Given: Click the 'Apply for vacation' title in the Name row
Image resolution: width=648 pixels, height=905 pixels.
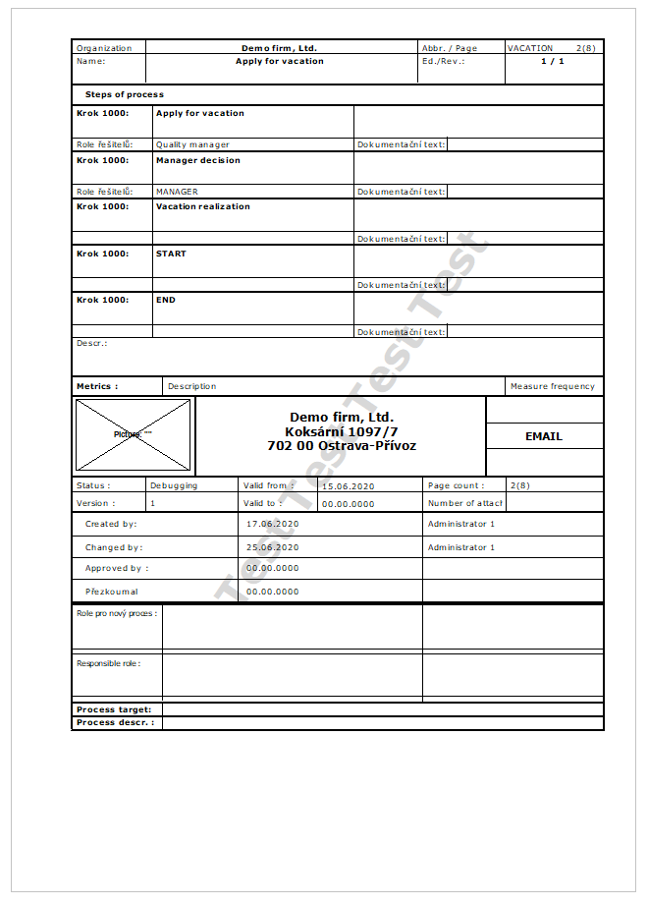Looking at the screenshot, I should (279, 61).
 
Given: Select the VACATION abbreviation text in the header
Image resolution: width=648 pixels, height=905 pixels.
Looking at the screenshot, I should (530, 47).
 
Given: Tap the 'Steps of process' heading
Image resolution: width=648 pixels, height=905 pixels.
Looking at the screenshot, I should (124, 94).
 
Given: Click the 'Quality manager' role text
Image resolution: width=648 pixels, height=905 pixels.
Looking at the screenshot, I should (192, 144).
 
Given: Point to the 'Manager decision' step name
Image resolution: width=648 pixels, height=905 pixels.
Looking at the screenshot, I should (197, 160).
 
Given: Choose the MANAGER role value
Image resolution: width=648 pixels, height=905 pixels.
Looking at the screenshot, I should (177, 192).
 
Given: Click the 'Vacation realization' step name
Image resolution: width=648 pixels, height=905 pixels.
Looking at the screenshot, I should (202, 206).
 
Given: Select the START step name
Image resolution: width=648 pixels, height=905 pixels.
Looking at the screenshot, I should (171, 254).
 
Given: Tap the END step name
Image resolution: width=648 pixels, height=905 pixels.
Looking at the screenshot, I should (165, 300).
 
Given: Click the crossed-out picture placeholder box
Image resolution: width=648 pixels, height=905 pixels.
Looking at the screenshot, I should (134, 434).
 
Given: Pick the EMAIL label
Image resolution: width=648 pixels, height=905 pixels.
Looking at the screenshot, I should (544, 436).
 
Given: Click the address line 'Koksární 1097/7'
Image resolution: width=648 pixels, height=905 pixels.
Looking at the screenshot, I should (342, 431).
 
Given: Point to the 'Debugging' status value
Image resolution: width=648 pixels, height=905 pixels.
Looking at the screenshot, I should (173, 485).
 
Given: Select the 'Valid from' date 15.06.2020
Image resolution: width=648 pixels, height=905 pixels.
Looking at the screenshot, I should (348, 485).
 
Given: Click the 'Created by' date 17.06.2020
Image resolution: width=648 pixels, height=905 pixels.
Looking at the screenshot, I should (272, 524).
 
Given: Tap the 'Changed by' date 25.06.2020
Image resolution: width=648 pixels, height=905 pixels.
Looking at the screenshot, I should (272, 547).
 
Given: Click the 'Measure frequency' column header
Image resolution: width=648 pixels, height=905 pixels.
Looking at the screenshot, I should (552, 386).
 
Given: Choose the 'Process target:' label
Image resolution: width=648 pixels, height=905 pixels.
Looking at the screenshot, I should (114, 709).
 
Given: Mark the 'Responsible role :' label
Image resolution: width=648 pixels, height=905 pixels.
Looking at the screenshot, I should (108, 663).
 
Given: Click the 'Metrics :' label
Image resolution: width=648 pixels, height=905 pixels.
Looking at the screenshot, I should (97, 386).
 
